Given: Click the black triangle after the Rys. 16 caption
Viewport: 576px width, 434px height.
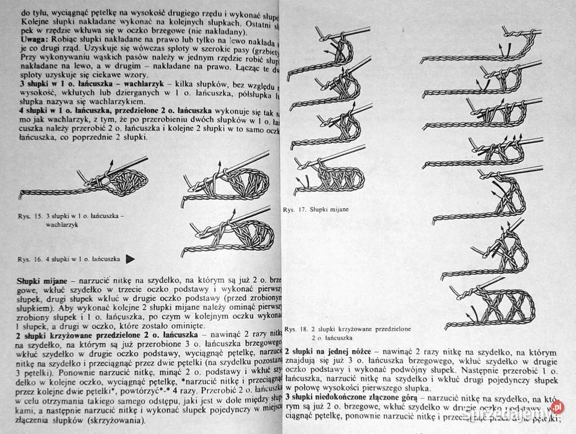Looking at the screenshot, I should (130, 259).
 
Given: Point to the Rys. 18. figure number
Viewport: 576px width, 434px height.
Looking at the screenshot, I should (296, 329).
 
